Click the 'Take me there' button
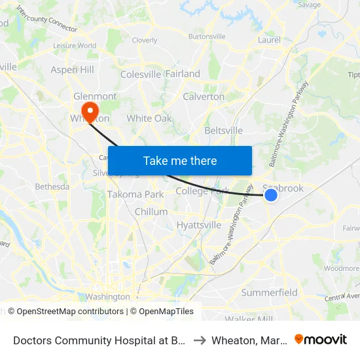(x=180, y=161)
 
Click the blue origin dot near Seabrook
(x=270, y=194)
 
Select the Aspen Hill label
(x=73, y=69)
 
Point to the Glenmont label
(x=96, y=96)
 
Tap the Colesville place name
(x=140, y=74)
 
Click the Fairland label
(x=183, y=74)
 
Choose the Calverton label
(x=204, y=97)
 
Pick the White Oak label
(x=149, y=118)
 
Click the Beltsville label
(x=224, y=130)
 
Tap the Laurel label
(x=269, y=40)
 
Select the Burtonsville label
(x=206, y=37)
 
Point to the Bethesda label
(x=52, y=187)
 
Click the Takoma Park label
(x=135, y=194)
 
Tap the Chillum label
(x=151, y=211)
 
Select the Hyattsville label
(x=199, y=225)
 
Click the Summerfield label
(x=270, y=293)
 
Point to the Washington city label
(x=107, y=297)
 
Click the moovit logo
(x=321, y=339)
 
